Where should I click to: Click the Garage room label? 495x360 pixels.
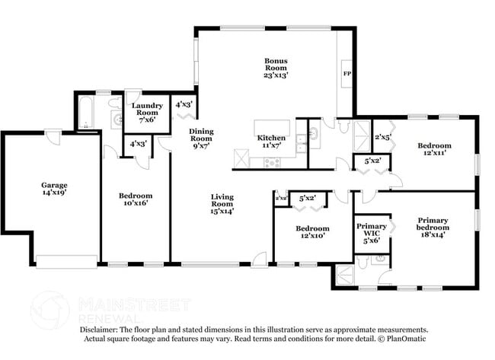tap(54, 189)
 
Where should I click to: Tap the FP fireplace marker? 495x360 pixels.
tap(347, 73)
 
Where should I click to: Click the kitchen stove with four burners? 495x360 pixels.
tap(272, 161)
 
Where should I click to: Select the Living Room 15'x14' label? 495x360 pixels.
tap(222, 203)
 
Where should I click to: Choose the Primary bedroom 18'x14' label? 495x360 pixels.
tap(433, 227)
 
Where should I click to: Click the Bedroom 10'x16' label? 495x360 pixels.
tap(135, 199)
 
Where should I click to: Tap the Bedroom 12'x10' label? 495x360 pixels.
tap(312, 232)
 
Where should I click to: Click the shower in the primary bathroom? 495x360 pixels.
tap(343, 276)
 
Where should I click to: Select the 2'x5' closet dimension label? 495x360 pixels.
tap(382, 137)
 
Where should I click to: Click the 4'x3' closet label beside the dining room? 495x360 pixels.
tap(184, 104)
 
